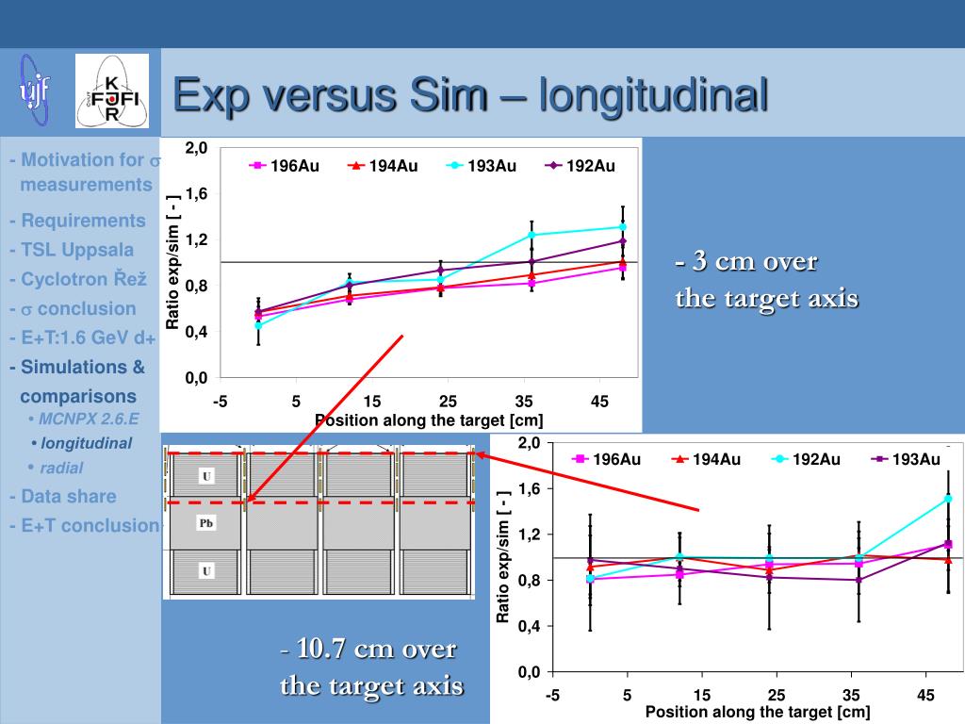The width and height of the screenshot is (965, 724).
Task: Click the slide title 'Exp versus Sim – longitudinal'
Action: (x=470, y=95)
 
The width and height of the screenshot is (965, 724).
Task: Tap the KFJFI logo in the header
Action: (x=111, y=91)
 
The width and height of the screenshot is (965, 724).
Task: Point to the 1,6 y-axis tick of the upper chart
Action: (x=196, y=194)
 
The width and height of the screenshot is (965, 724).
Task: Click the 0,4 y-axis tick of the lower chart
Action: (x=528, y=626)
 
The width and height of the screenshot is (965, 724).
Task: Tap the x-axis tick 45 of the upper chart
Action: (x=600, y=403)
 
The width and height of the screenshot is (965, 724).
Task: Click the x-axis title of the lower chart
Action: (x=757, y=712)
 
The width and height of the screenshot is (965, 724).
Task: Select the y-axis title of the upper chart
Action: (x=172, y=262)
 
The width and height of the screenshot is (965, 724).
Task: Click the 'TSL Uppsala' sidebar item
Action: (x=73, y=250)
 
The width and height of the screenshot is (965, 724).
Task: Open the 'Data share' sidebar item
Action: (x=63, y=496)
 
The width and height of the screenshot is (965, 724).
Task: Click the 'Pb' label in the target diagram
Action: (x=206, y=522)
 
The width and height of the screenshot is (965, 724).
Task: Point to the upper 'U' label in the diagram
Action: (x=206, y=476)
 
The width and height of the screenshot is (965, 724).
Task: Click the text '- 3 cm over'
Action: (x=745, y=261)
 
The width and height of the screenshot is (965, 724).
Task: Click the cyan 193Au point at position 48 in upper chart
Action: (x=623, y=226)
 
